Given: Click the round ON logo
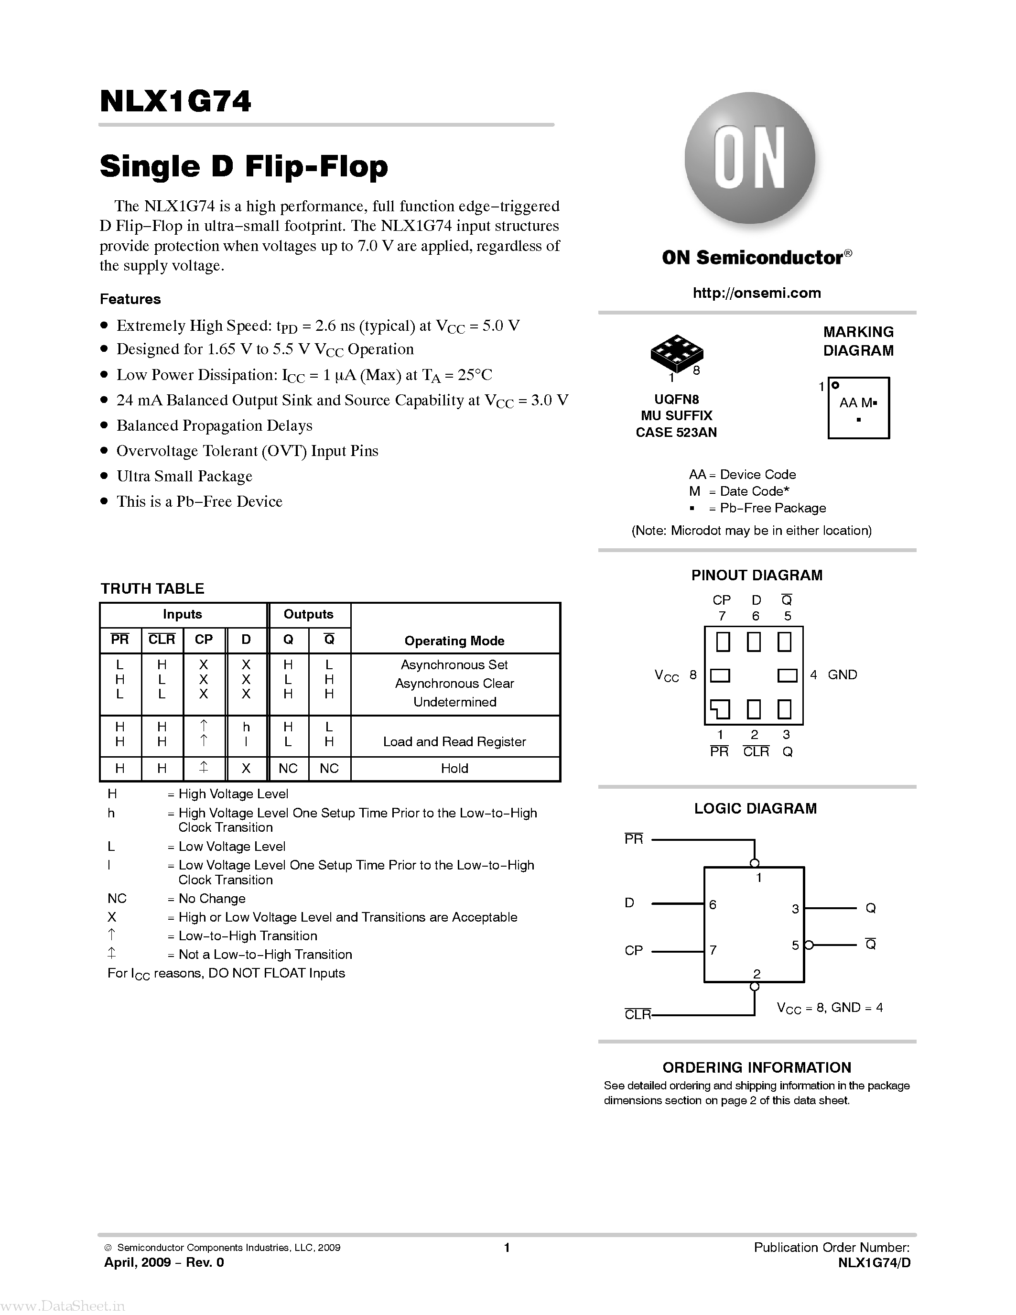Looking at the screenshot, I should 750,158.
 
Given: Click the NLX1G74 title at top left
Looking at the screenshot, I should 175,101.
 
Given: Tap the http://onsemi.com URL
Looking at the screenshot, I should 757,293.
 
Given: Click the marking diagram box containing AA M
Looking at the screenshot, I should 858,408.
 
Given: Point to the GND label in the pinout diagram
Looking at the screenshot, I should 842,675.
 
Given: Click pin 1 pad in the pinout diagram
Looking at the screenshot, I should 721,709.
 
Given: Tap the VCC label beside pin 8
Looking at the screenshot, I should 666,675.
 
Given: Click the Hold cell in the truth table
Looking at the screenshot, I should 454,768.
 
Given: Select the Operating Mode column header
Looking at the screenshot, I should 454,641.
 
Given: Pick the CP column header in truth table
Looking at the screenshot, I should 204,640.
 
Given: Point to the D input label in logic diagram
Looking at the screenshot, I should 629,902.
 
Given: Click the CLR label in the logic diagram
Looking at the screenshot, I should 638,1014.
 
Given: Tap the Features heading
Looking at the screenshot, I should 130,299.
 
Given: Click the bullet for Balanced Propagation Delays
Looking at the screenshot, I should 105,426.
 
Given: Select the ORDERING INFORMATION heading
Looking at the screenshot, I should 757,1067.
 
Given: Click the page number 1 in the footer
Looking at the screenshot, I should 507,1248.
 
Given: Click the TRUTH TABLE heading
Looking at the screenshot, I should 152,588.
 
